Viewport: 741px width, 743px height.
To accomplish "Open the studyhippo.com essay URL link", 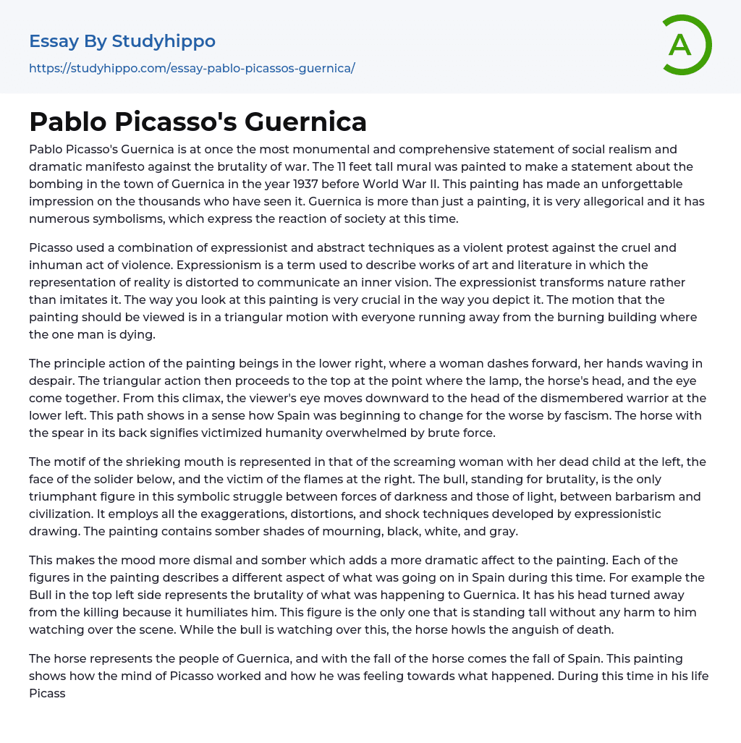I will (x=192, y=68).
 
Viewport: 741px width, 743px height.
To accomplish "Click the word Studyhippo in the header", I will (x=164, y=41).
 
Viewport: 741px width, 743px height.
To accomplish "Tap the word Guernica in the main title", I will (x=305, y=122).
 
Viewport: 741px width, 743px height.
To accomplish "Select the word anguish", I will (x=560, y=629).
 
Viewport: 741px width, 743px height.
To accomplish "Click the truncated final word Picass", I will (x=47, y=693).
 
